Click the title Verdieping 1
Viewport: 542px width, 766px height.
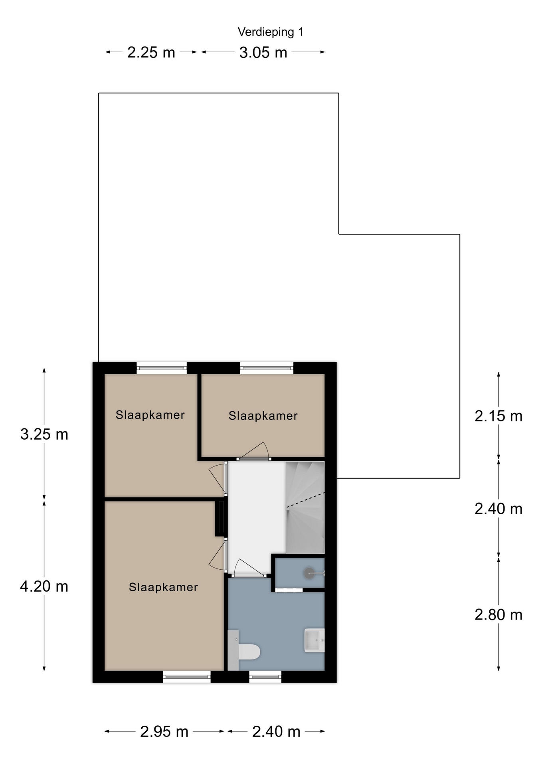tap(271, 32)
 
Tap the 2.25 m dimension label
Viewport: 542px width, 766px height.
tap(151, 53)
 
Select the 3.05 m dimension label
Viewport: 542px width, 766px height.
tap(263, 53)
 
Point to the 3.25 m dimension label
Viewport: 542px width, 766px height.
tap(44, 434)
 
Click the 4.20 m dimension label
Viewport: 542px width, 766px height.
tap(44, 586)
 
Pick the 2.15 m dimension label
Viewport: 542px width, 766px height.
tap(498, 416)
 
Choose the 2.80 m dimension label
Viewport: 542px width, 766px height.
tap(498, 615)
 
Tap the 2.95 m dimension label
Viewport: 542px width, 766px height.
tap(164, 732)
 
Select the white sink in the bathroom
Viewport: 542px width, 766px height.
tap(315, 640)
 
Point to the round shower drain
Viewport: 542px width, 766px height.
tap(309, 573)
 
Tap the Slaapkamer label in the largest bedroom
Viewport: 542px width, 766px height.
tap(163, 587)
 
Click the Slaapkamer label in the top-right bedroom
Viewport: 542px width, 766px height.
tap(263, 416)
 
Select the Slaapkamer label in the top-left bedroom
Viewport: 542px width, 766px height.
tap(150, 415)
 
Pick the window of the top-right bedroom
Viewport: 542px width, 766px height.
tap(267, 368)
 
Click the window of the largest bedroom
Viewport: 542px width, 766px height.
tap(187, 676)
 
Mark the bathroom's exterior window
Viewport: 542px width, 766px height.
tap(265, 676)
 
